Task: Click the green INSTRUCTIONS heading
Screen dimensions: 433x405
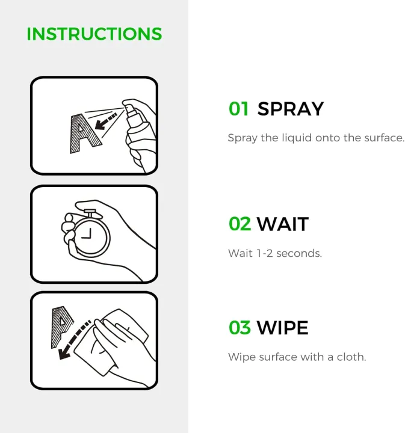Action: tap(94, 34)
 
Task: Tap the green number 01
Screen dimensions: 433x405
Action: tap(238, 109)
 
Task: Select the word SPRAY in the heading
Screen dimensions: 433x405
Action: tap(290, 109)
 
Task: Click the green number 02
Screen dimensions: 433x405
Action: tap(240, 224)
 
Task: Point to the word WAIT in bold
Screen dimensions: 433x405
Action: tap(282, 224)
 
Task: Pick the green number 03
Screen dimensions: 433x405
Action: tap(240, 328)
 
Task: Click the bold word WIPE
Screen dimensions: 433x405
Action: tap(282, 328)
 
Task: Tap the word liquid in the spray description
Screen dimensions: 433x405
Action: tap(294, 138)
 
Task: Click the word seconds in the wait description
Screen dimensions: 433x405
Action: tap(300, 253)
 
